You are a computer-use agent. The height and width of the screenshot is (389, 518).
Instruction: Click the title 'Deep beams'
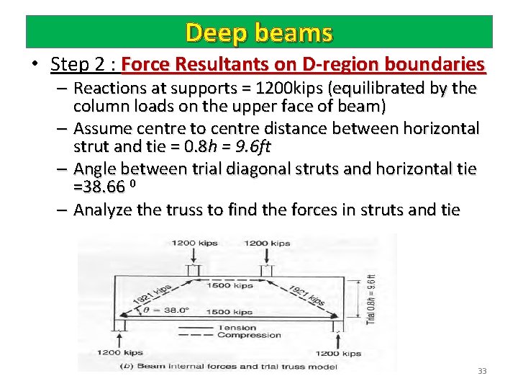259,32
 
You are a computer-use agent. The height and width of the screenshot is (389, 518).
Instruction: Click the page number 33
482,371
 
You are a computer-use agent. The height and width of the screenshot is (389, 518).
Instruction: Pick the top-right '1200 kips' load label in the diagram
267,243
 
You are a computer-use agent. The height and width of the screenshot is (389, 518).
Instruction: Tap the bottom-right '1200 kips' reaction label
337,353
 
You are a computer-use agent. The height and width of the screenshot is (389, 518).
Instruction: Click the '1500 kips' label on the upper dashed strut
230,285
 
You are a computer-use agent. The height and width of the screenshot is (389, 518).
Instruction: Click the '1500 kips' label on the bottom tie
230,312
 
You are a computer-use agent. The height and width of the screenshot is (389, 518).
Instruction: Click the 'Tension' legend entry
237,328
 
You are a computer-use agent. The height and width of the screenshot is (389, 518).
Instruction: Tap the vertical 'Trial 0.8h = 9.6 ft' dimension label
371,298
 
